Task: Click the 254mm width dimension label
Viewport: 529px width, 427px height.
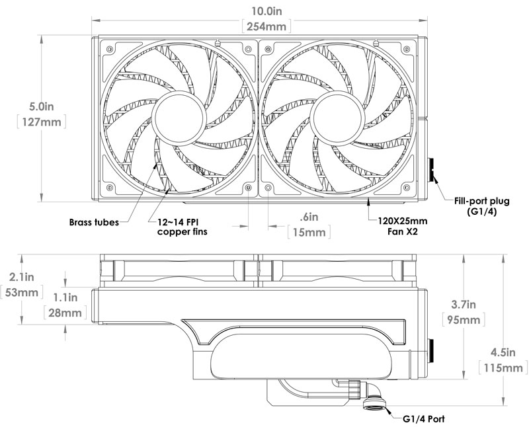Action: click(x=266, y=26)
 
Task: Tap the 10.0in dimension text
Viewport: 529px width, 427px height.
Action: click(x=266, y=11)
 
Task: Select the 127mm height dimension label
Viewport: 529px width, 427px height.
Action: click(x=42, y=122)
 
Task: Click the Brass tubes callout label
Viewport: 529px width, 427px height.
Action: click(x=94, y=222)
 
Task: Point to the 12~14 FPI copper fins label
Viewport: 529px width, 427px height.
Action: click(x=182, y=227)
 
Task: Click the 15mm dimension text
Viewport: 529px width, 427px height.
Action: click(x=309, y=232)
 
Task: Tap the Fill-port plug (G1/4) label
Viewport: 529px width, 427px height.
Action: click(x=482, y=206)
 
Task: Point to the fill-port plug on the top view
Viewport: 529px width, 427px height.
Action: click(x=431, y=171)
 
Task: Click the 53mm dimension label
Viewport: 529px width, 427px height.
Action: click(x=21, y=292)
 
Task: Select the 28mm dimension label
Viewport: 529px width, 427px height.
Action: click(x=65, y=313)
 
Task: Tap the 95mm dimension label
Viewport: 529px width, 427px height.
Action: click(x=464, y=319)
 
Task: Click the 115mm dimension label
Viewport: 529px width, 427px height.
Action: click(x=503, y=368)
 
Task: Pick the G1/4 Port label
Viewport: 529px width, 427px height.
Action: click(x=424, y=419)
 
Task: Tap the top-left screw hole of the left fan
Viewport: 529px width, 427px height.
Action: click(x=109, y=49)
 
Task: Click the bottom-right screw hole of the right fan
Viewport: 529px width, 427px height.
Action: click(x=407, y=187)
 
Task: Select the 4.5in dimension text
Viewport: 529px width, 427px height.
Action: click(x=503, y=352)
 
